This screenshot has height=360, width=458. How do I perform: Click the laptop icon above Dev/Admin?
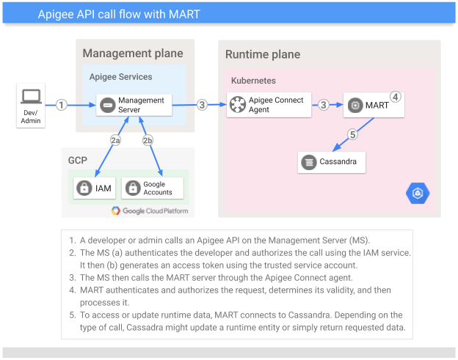(x=30, y=95)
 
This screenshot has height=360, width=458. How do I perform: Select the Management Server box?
(x=134, y=105)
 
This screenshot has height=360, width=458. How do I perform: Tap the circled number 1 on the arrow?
(x=62, y=105)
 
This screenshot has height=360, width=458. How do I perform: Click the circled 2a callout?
(x=115, y=140)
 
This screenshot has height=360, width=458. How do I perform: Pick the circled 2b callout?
(x=148, y=140)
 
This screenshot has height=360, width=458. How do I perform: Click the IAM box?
(x=94, y=188)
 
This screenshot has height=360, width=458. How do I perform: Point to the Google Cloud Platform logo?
(x=150, y=211)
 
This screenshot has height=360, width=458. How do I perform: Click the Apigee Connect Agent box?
(x=269, y=105)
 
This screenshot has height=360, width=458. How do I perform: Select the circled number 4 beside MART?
(x=395, y=96)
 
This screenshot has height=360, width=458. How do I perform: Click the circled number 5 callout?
(x=352, y=134)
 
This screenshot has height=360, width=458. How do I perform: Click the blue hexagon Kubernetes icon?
(x=418, y=193)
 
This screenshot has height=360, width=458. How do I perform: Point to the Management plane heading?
(x=133, y=54)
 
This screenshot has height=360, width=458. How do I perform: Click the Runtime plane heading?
(x=263, y=55)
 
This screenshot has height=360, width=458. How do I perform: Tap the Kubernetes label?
(x=253, y=80)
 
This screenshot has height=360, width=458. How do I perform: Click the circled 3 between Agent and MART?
(x=323, y=105)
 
